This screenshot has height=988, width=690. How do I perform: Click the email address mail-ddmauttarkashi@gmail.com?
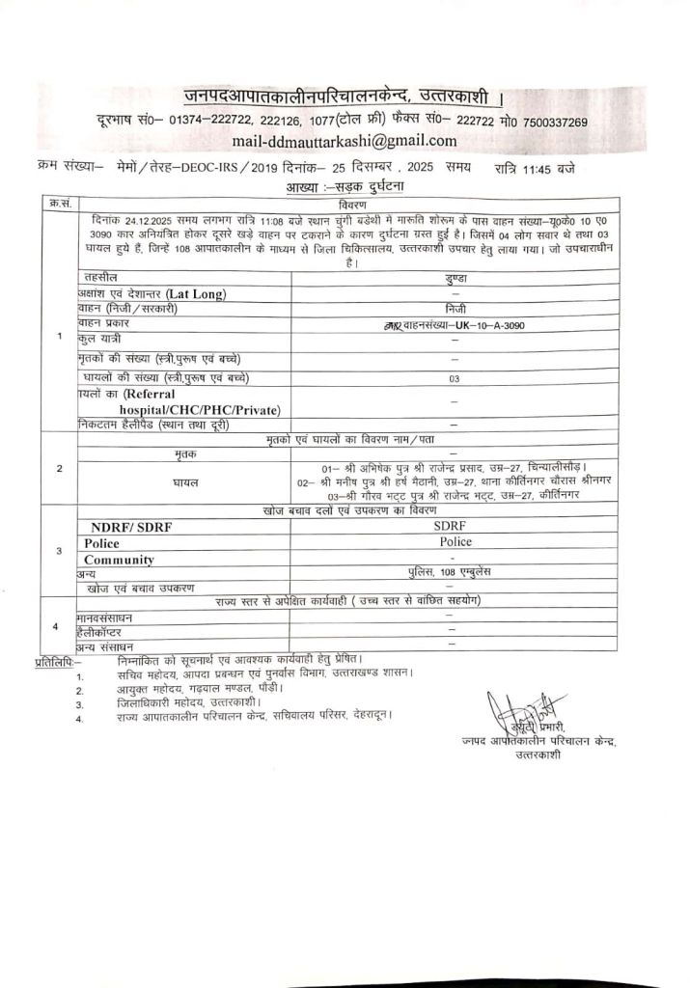(345, 142)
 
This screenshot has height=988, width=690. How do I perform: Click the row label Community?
(119, 559)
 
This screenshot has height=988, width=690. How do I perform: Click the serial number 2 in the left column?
(60, 468)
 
